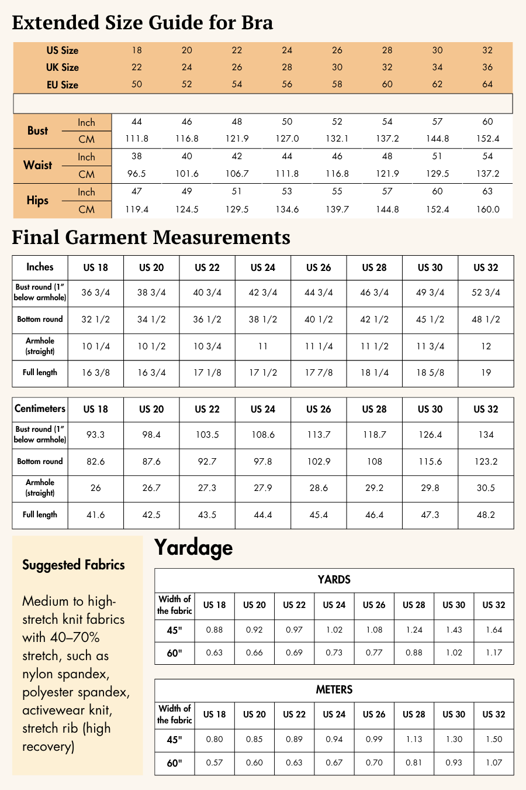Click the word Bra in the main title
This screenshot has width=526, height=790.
pos(257,23)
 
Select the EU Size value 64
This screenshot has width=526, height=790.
pos(487,84)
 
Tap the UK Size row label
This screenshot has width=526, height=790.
pos(62,67)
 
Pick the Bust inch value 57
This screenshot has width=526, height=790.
pos(437,122)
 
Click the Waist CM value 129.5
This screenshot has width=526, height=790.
pos(437,174)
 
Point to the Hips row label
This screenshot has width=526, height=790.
pos(37,200)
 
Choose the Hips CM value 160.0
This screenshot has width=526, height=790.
pos(487,209)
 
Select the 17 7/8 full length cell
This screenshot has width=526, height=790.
pos(319,373)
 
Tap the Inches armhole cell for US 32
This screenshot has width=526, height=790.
pos(486,346)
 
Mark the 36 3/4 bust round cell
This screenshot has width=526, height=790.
pos(95,293)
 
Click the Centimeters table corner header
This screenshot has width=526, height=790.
pos(40,408)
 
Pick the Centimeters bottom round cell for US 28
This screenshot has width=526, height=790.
pos(374,462)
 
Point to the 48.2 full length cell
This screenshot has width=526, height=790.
pos(486,515)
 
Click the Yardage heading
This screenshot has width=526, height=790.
pos(193,548)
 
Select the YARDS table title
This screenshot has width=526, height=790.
pos(334,580)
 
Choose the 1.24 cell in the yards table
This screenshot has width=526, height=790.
pos(414,630)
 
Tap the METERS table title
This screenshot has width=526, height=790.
pos(334,690)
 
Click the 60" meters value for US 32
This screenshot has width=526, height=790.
pos(494,762)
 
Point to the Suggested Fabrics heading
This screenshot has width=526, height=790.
pos(74,565)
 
